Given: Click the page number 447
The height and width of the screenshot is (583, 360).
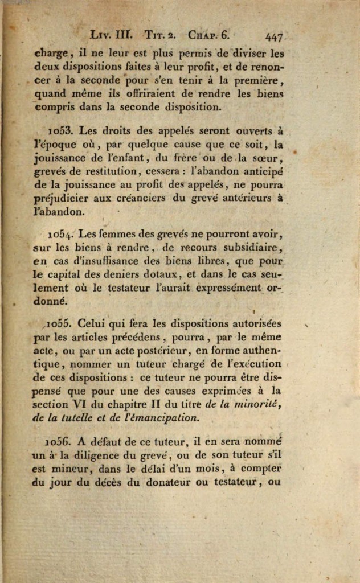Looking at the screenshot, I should pyautogui.click(x=274, y=37).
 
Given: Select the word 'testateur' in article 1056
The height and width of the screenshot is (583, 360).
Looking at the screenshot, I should pyautogui.click(x=233, y=483).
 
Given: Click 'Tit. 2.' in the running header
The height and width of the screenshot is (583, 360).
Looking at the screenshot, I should pyautogui.click(x=158, y=34).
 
